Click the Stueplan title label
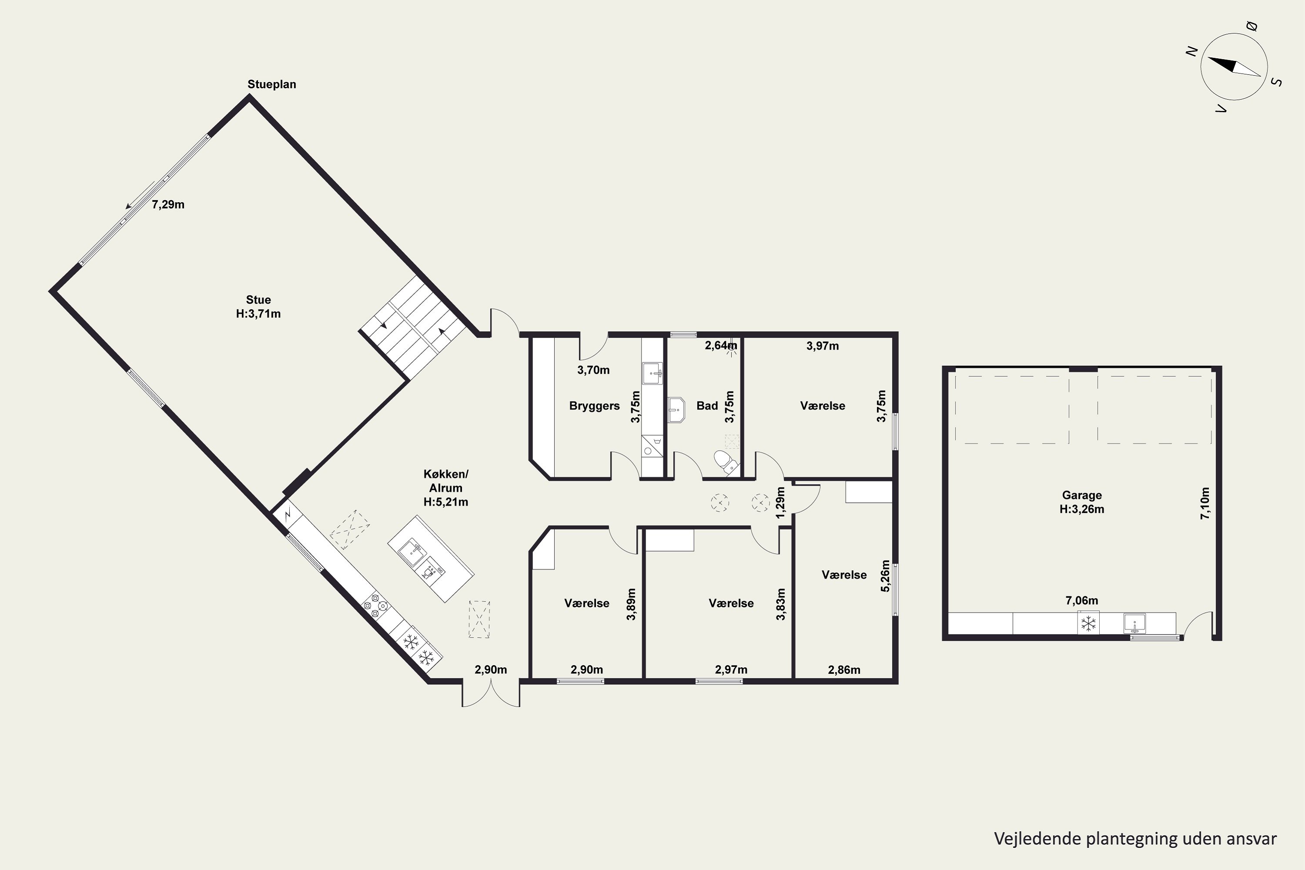[272, 84]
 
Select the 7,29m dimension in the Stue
[168, 205]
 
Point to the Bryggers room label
[594, 405]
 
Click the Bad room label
[707, 405]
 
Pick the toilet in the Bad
[726, 462]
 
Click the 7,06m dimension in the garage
[1082, 600]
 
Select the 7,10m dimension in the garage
[1205, 503]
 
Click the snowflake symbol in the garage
[1089, 623]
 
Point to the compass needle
[1234, 67]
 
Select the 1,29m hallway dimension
[781, 503]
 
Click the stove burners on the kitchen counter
[375, 606]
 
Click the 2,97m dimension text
[731, 670]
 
